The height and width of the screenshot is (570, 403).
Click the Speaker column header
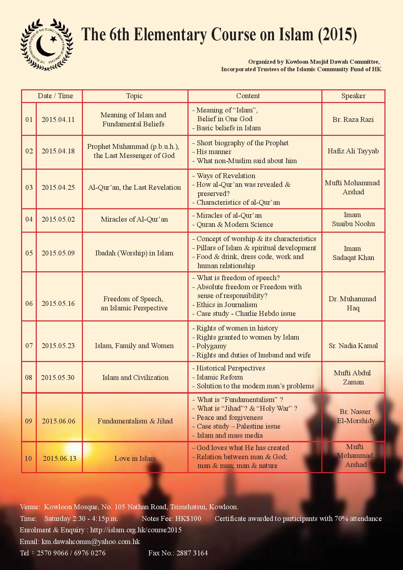[x=353, y=96]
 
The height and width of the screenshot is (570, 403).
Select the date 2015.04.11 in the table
[x=58, y=119]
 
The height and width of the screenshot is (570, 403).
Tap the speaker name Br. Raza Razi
[x=353, y=119]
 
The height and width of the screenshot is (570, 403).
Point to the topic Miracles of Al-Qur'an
[x=134, y=219]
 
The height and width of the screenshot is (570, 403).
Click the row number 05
[x=29, y=253]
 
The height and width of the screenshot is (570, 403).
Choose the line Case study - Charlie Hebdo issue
[x=246, y=314]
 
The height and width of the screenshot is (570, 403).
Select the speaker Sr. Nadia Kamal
[x=353, y=345]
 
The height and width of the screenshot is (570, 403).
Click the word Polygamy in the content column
[x=212, y=346]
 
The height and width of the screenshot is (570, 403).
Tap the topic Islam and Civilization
[x=135, y=377]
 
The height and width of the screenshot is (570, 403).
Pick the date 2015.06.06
[x=58, y=421]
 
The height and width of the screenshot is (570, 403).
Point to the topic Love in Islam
[x=135, y=458]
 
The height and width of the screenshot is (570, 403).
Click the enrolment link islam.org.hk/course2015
[x=136, y=530]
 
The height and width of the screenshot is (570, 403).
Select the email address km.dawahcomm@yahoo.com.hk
[x=91, y=541]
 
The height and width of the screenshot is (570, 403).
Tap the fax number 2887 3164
[x=192, y=553]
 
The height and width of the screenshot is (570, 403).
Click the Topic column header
[x=134, y=96]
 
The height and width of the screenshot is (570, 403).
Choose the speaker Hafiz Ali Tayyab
[x=353, y=151]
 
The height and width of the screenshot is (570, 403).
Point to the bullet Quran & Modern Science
[x=235, y=224]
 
